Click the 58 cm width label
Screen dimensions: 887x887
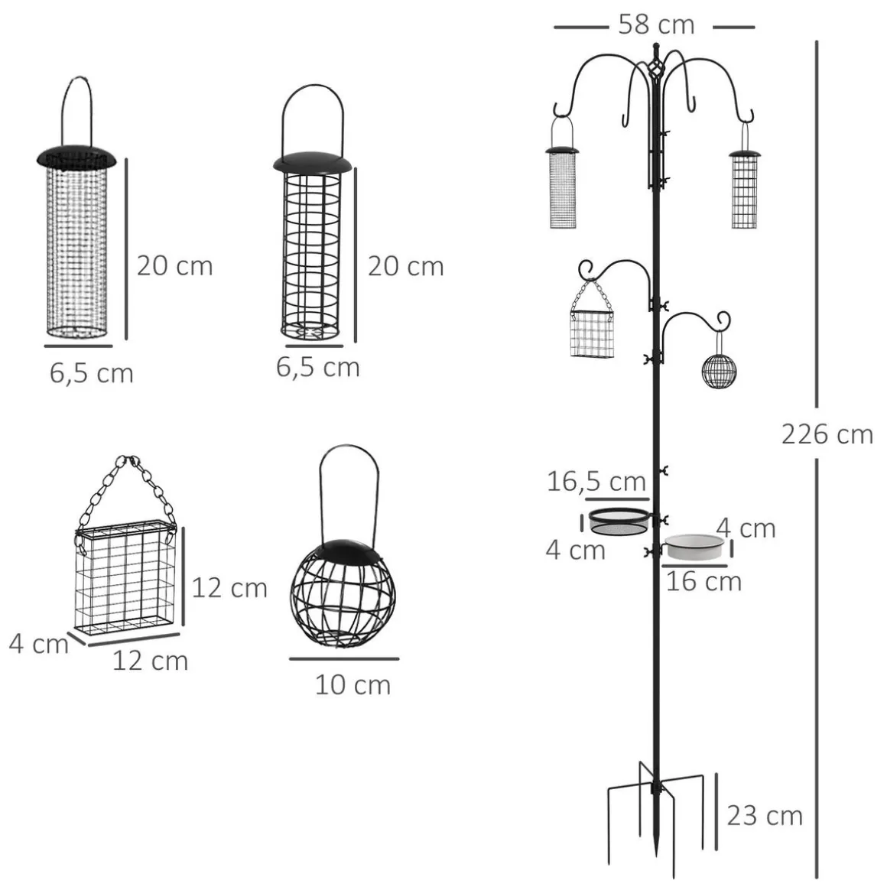coord(655,25)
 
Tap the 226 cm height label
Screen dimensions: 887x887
coord(827,434)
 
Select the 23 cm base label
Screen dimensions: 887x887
coord(764,816)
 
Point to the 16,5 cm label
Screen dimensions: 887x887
coord(596,482)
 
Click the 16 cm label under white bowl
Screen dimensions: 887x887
coord(703,582)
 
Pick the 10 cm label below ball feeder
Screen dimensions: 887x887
coord(353,685)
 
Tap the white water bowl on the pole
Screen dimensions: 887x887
coord(694,547)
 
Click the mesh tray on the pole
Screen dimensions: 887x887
coord(619,521)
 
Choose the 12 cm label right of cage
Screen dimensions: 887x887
coord(229,588)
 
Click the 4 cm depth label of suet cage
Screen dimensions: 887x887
coord(38,645)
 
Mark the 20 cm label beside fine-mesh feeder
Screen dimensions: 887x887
coord(175,266)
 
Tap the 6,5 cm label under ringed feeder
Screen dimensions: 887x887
coord(318,367)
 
